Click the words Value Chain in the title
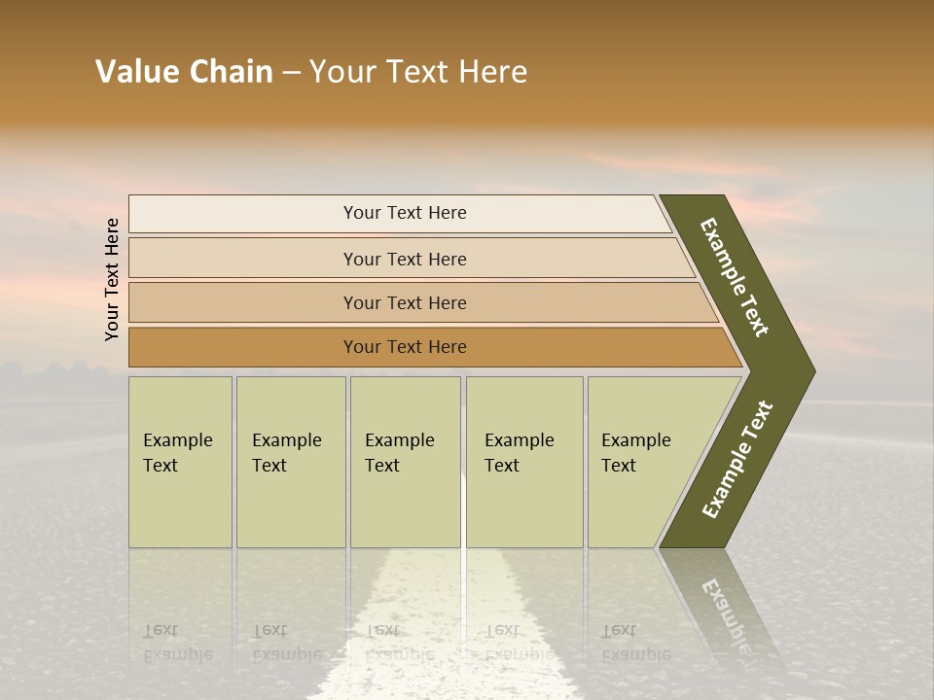(x=184, y=72)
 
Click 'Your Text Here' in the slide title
(x=418, y=72)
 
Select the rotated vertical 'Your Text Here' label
(x=113, y=279)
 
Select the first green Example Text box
(x=180, y=462)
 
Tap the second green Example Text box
(x=291, y=462)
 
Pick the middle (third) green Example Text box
(x=405, y=462)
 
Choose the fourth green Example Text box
(x=524, y=462)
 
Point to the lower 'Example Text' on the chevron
(x=736, y=460)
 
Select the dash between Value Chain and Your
(x=291, y=73)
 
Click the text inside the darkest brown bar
(x=405, y=347)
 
